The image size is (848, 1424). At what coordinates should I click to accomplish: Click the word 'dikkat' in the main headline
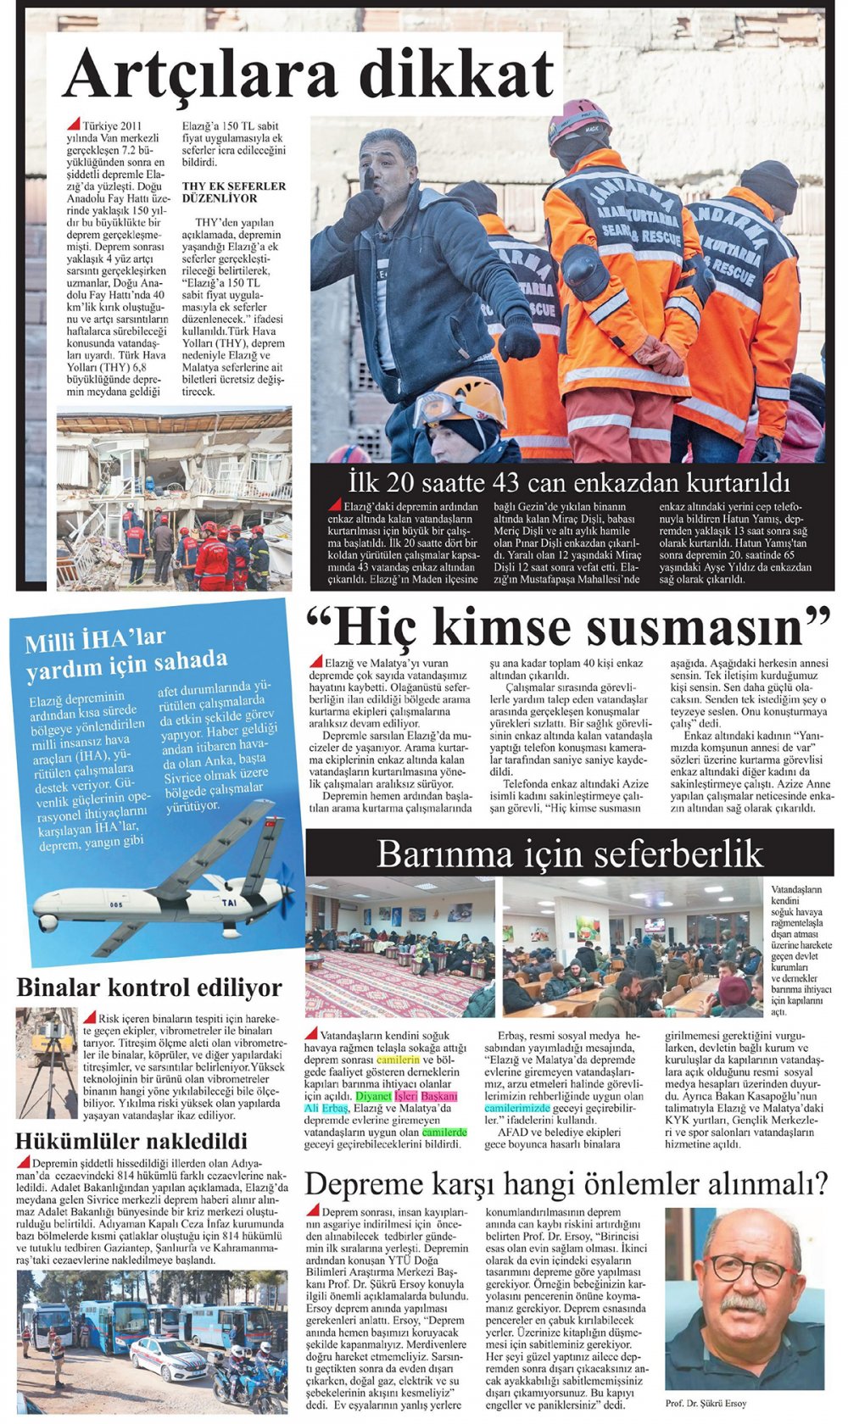coord(458,75)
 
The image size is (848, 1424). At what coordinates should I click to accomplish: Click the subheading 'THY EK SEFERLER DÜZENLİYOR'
coord(233,192)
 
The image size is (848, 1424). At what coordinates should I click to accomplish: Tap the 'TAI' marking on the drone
coord(229,904)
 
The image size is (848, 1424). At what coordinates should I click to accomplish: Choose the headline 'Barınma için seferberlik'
coord(569,853)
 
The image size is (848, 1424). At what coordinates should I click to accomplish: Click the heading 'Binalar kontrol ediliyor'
coord(149,987)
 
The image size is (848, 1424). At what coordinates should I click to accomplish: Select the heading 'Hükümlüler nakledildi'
coord(131,1140)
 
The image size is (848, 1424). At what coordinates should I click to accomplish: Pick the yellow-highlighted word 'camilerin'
coord(398,1060)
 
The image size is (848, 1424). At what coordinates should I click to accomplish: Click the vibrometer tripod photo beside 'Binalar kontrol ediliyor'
coord(47,1062)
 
